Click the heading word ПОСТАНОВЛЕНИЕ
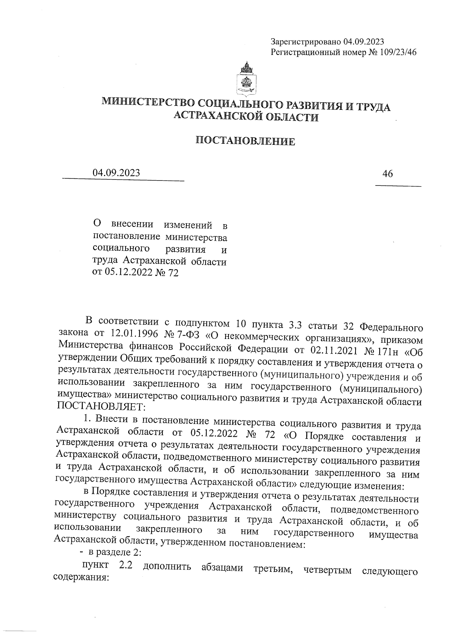[x=245, y=141]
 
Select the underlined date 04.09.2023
[x=117, y=173]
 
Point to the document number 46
[x=387, y=174]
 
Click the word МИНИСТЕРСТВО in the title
[x=148, y=102]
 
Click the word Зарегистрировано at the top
[x=306, y=42]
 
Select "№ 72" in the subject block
[x=166, y=273]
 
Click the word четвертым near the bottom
[x=327, y=570]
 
